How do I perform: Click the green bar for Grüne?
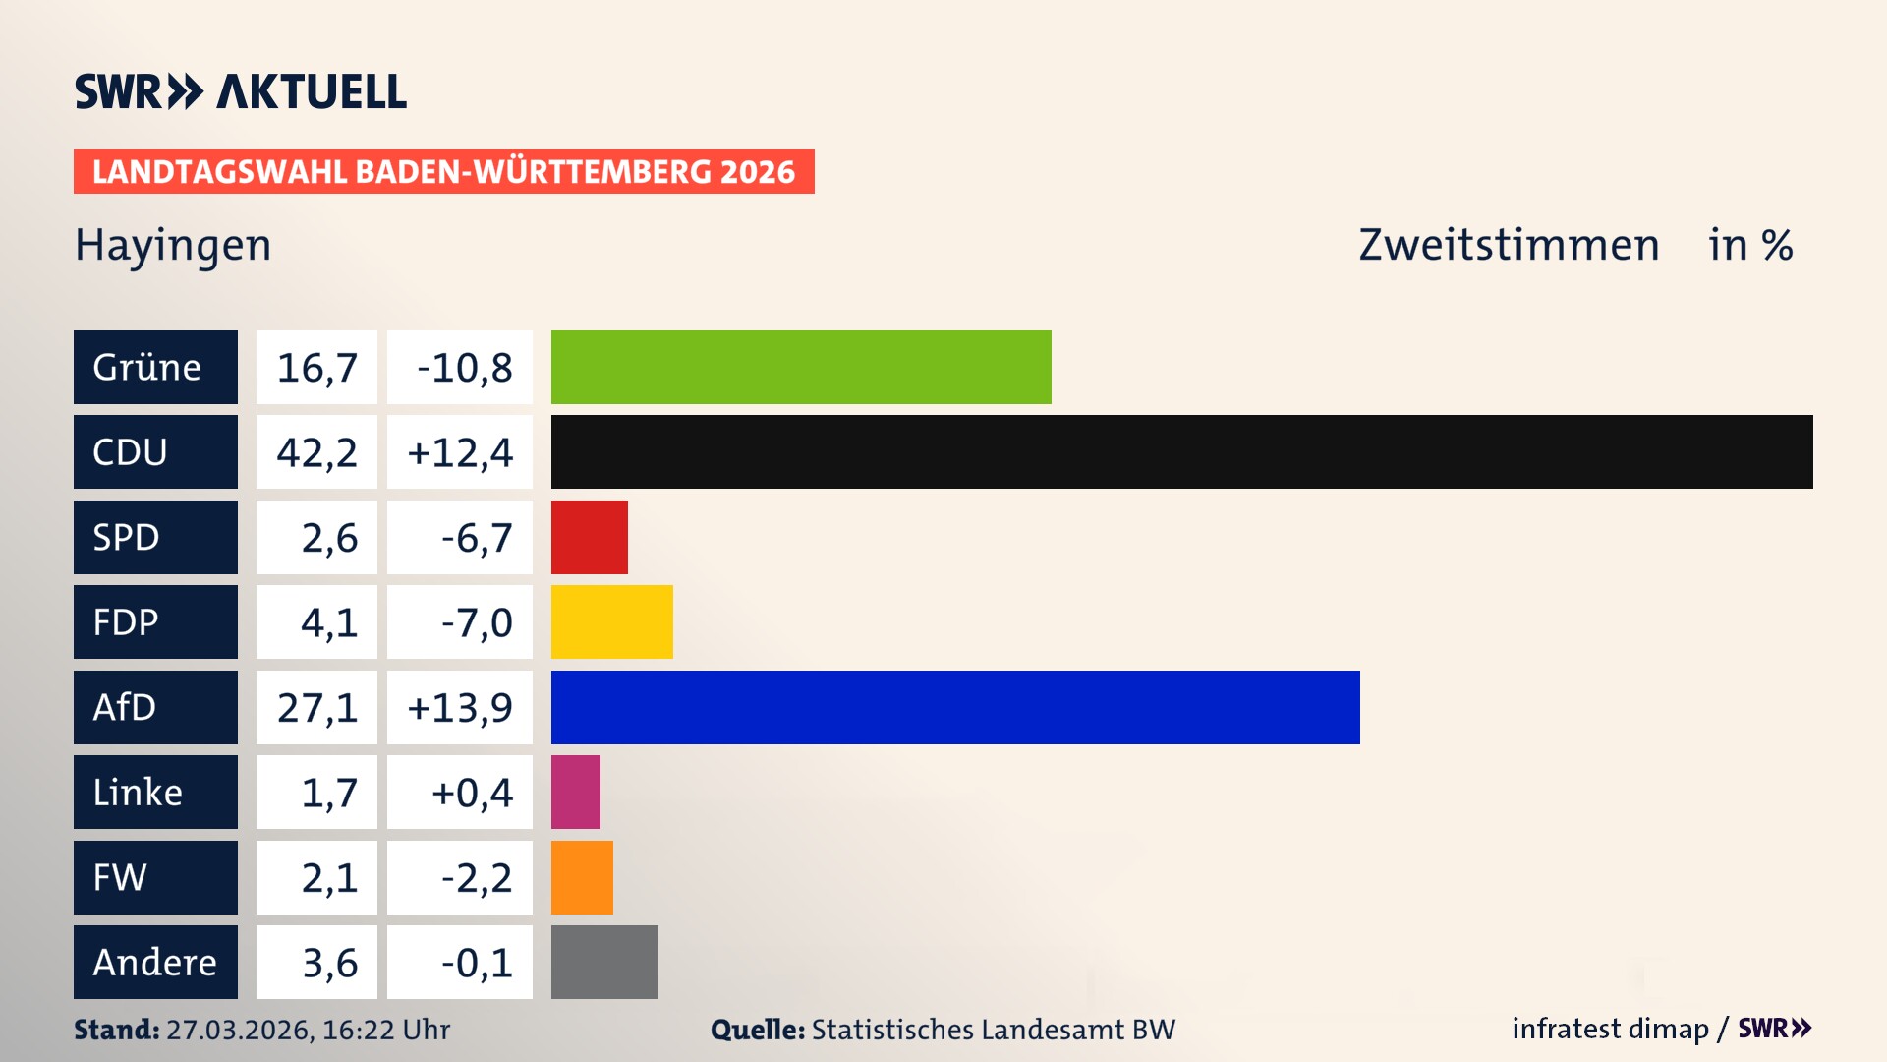pos(801,367)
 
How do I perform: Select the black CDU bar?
pos(1181,452)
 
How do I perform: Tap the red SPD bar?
pos(589,537)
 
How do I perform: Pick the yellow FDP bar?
pos(611,621)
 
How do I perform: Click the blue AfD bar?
pos(955,707)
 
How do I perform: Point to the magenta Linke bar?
pos(576,792)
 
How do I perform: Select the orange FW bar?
pos(582,877)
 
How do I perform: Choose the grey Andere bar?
pos(604,962)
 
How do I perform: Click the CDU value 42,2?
pos(316,452)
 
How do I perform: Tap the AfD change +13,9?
pos(460,707)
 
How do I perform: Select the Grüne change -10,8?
pos(464,367)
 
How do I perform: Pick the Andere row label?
pos(155,962)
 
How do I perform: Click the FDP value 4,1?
pos(328,621)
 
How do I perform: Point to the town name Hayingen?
pos(173,246)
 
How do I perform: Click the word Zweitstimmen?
pos(1509,245)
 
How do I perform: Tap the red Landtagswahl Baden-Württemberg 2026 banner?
pos(443,172)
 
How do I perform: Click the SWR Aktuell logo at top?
pos(241,91)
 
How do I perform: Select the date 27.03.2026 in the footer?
pos(239,1030)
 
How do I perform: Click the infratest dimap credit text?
pos(1610,1029)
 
